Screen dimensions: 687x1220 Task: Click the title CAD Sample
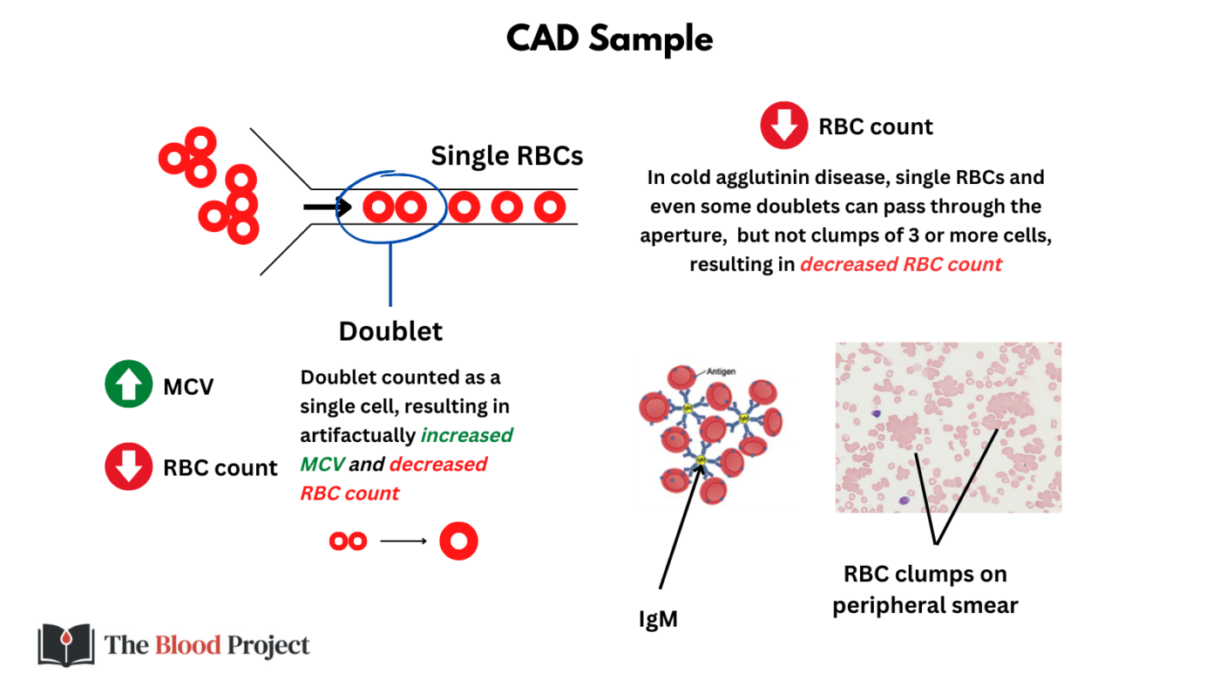[609, 39]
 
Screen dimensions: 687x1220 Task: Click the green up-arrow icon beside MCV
[128, 386]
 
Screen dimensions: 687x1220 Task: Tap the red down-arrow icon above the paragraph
[783, 126]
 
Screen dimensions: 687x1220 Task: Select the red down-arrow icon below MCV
[128, 467]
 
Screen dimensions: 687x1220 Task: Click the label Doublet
[390, 331]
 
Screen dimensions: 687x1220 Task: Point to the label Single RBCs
[506, 156]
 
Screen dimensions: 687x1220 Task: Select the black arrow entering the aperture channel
[327, 207]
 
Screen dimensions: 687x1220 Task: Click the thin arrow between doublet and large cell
[403, 541]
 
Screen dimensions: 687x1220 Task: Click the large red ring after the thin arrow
[458, 541]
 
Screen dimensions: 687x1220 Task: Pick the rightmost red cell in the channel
[549, 207]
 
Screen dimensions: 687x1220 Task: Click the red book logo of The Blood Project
[66, 645]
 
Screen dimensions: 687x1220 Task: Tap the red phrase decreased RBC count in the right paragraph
[901, 264]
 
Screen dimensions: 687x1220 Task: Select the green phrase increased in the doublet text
[467, 435]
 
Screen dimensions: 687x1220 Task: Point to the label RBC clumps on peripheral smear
[925, 589]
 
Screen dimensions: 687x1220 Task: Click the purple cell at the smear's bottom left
[904, 501]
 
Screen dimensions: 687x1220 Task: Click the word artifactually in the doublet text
[357, 435]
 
